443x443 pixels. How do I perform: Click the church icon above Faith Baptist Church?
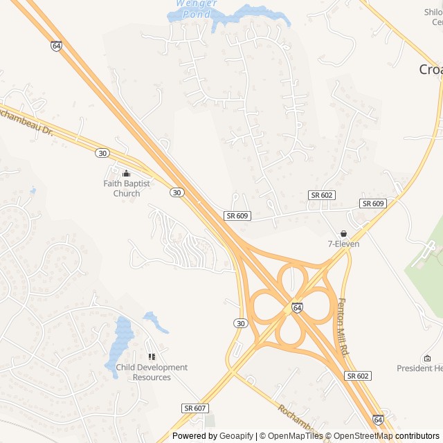(126, 174)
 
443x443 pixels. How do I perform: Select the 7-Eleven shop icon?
(343, 233)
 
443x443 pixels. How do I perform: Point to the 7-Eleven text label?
(344, 244)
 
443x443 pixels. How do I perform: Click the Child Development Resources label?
(152, 372)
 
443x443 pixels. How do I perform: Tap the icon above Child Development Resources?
(152, 356)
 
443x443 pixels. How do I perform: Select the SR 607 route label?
(196, 408)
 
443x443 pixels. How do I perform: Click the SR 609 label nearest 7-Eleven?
(373, 204)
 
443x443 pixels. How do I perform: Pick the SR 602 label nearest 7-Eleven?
(323, 195)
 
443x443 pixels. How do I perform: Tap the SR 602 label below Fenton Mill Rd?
(357, 376)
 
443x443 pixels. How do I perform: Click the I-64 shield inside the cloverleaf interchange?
(297, 307)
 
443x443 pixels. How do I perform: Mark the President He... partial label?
(419, 368)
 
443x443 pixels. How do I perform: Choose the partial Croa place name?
(431, 69)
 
